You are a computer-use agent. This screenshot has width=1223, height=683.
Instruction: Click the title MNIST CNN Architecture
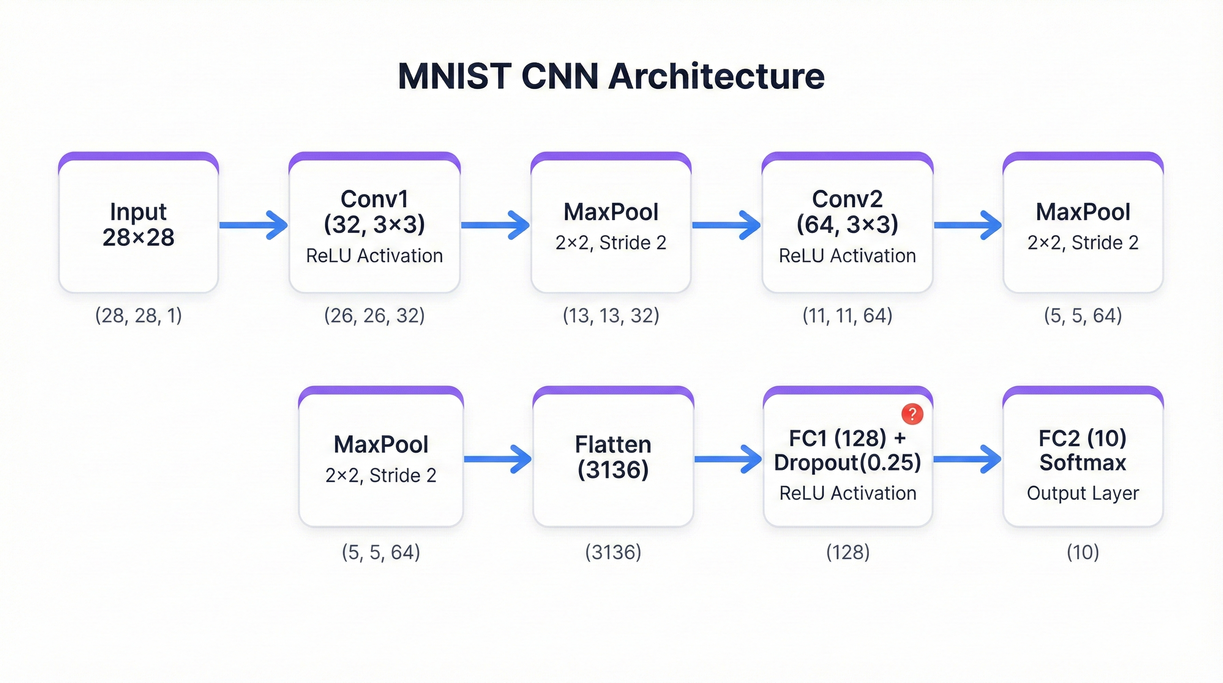click(x=611, y=76)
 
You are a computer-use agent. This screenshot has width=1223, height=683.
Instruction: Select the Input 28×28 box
click(x=138, y=223)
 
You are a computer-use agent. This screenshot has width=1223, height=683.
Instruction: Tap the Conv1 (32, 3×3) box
click(x=374, y=223)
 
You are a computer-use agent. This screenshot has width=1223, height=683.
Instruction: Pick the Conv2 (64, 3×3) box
click(x=847, y=223)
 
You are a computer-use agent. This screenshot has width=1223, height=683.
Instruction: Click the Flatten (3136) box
click(x=613, y=457)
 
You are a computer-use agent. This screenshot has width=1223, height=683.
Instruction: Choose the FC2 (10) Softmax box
click(x=1083, y=457)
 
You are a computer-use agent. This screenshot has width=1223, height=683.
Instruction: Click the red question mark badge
click(x=912, y=414)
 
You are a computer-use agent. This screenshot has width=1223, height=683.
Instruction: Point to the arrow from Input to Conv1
click(x=253, y=225)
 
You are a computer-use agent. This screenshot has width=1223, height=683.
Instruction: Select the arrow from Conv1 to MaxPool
click(x=495, y=225)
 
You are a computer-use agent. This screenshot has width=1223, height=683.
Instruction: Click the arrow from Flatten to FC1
click(x=728, y=459)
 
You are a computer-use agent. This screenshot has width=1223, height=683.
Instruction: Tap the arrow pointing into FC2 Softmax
click(x=967, y=459)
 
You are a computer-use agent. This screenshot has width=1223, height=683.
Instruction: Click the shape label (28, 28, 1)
click(x=138, y=315)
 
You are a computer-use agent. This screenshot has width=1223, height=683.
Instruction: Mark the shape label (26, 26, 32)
click(x=374, y=315)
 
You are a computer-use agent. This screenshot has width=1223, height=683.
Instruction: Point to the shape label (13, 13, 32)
click(x=611, y=315)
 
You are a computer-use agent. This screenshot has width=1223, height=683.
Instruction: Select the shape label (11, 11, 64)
click(x=847, y=315)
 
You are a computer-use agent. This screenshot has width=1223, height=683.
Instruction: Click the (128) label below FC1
click(x=847, y=552)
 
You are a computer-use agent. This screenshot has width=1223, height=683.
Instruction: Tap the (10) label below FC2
click(x=1083, y=552)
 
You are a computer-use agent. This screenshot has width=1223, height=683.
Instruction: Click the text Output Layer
click(x=1083, y=493)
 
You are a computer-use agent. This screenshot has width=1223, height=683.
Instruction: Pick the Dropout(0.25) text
click(x=847, y=462)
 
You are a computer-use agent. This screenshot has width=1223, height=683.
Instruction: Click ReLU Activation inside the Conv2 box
click(x=847, y=256)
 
